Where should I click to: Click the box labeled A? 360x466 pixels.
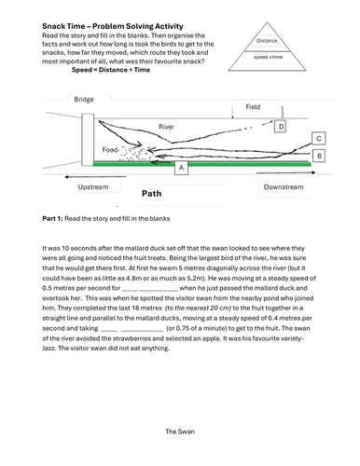tap(181, 168)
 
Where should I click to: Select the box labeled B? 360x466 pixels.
tap(319, 156)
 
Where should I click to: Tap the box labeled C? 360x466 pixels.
tap(319, 139)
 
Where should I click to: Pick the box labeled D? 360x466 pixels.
tap(281, 127)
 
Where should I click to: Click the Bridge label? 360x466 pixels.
tap(84, 100)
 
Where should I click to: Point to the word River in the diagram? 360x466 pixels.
tap(166, 127)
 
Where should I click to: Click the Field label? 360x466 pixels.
tap(253, 107)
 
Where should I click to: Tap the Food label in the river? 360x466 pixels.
tap(110, 150)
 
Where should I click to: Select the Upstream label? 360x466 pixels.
tap(93, 187)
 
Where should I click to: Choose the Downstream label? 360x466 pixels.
tap(284, 187)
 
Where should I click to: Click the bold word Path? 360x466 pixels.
tap(152, 194)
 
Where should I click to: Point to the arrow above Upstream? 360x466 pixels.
tap(95, 177)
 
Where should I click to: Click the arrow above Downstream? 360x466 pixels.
tap(285, 172)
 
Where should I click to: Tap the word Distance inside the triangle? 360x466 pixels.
tap(267, 41)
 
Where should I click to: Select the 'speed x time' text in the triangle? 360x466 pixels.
tap(268, 57)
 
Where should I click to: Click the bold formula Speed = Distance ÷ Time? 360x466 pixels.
tap(111, 70)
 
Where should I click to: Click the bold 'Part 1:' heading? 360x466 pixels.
tap(52, 218)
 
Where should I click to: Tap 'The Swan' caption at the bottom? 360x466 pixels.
tap(180, 432)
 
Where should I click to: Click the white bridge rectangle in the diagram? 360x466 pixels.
tap(88, 140)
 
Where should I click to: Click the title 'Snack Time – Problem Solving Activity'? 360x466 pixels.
tap(113, 26)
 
